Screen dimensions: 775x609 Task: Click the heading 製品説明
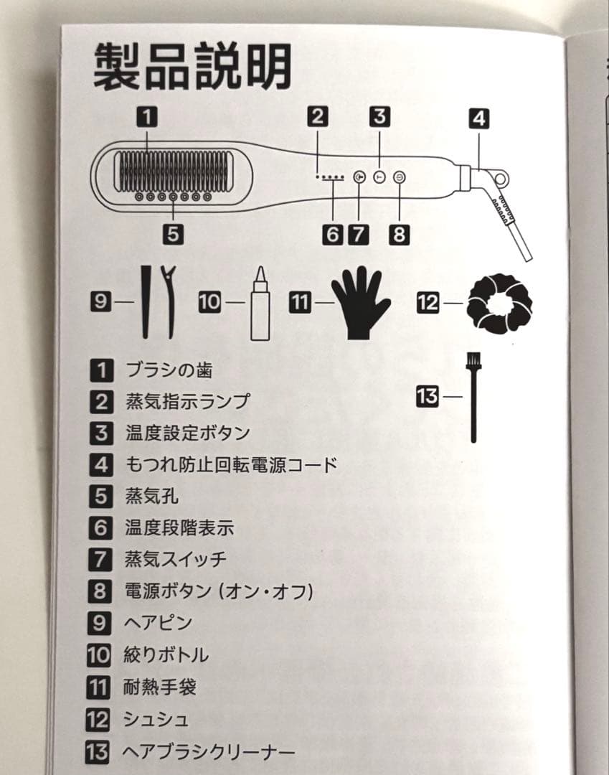193,67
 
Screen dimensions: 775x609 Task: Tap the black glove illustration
361,302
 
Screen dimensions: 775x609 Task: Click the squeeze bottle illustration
259,302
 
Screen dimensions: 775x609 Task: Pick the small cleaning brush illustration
473,396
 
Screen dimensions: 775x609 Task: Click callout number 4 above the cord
478,118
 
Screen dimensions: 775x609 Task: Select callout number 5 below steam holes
174,233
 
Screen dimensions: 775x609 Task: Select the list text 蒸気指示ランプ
187,401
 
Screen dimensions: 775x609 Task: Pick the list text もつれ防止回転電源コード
230,464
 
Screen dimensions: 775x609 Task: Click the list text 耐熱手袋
159,687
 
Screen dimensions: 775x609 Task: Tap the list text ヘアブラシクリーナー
209,752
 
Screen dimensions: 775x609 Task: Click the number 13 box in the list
100,752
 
